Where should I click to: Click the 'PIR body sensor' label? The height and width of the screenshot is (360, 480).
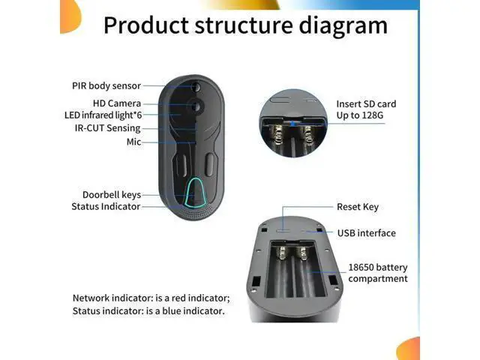click(x=106, y=85)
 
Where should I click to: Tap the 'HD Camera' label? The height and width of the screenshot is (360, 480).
click(x=117, y=103)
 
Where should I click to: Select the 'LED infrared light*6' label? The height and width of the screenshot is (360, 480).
click(x=103, y=115)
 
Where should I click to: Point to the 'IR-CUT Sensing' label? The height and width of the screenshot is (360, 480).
click(x=107, y=128)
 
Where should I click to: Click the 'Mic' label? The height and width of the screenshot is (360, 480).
click(x=133, y=142)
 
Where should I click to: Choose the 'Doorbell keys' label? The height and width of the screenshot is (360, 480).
click(x=112, y=195)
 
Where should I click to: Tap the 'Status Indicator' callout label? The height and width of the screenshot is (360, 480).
click(x=106, y=206)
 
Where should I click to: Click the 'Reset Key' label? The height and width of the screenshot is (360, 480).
click(x=358, y=207)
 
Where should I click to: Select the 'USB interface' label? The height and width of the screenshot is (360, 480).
click(x=367, y=233)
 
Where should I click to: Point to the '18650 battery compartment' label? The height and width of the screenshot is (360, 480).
click(x=378, y=273)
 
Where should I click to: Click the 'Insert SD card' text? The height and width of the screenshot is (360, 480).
click(x=366, y=104)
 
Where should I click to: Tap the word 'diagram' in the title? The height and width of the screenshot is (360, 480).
click(x=343, y=25)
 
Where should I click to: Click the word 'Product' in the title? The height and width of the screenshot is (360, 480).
click(x=146, y=25)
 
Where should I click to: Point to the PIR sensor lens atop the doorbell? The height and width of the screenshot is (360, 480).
click(x=196, y=87)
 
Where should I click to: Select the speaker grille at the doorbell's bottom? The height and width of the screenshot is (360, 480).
click(x=196, y=211)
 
